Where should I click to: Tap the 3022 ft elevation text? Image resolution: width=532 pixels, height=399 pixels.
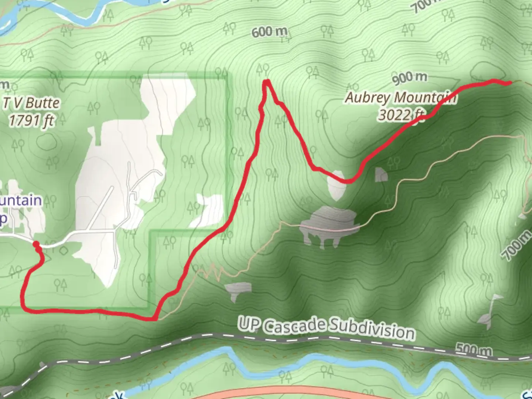tap(401, 115)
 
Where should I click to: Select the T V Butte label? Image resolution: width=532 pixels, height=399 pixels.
tap(31, 103)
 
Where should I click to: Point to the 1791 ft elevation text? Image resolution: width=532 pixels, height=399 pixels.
tap(31, 120)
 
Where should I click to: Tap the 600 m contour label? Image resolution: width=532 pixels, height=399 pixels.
tap(269, 32)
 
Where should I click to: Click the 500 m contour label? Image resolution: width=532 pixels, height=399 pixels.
tap(473, 348)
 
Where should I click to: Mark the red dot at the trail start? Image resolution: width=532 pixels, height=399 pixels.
tap(36, 244)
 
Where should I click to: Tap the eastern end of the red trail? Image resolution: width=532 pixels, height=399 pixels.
tap(510, 83)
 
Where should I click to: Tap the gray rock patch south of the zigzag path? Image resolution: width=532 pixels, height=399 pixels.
tap(237, 290)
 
